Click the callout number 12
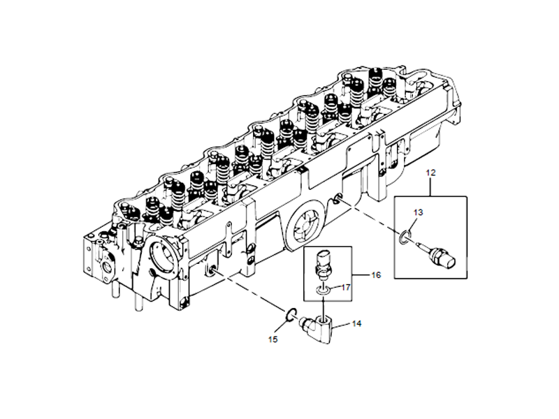pyautogui.click(x=430, y=171)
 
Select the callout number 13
pyautogui.click(x=418, y=212)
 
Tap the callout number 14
pyautogui.click(x=356, y=324)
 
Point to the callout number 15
pyautogui.click(x=273, y=339)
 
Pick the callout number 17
pyautogui.click(x=344, y=286)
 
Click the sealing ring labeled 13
pyautogui.click(x=405, y=237)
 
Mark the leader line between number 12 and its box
pyautogui.click(x=430, y=186)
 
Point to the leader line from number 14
pyautogui.click(x=341, y=325)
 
